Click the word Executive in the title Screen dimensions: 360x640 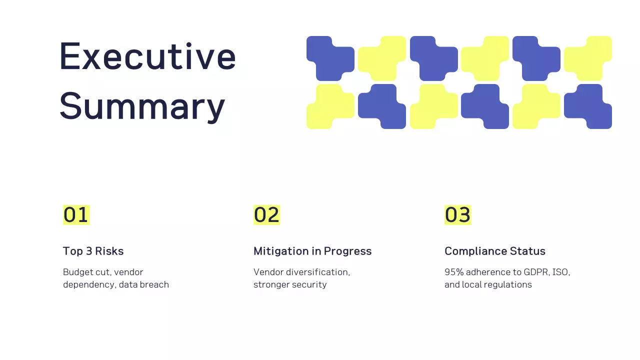click(x=147, y=56)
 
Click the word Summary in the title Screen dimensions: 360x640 click(x=142, y=106)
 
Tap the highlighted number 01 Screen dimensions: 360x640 click(x=76, y=215)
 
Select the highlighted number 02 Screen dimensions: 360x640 click(x=266, y=215)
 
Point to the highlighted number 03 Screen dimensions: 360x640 click(x=457, y=215)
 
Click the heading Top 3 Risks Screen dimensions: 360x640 click(x=93, y=251)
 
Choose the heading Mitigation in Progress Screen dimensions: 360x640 click(x=312, y=251)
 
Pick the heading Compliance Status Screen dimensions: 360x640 click(x=495, y=251)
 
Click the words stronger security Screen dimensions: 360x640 click(x=290, y=284)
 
